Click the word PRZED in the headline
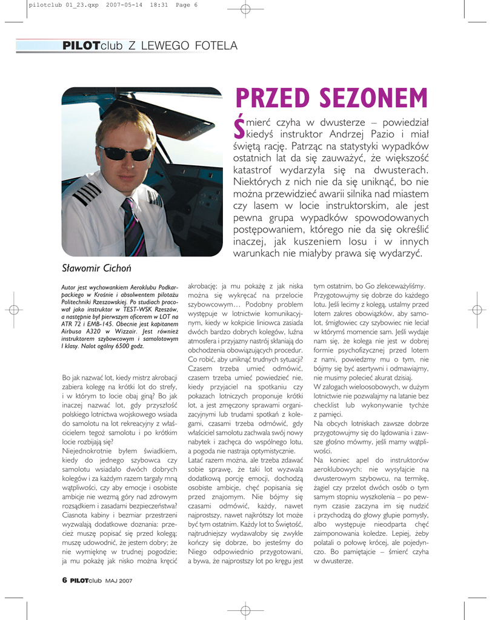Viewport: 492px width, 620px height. pos(270,99)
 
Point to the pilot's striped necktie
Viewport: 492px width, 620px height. pos(134,227)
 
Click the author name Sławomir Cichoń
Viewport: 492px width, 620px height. pos(96,268)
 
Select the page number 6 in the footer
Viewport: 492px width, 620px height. pos(64,579)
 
